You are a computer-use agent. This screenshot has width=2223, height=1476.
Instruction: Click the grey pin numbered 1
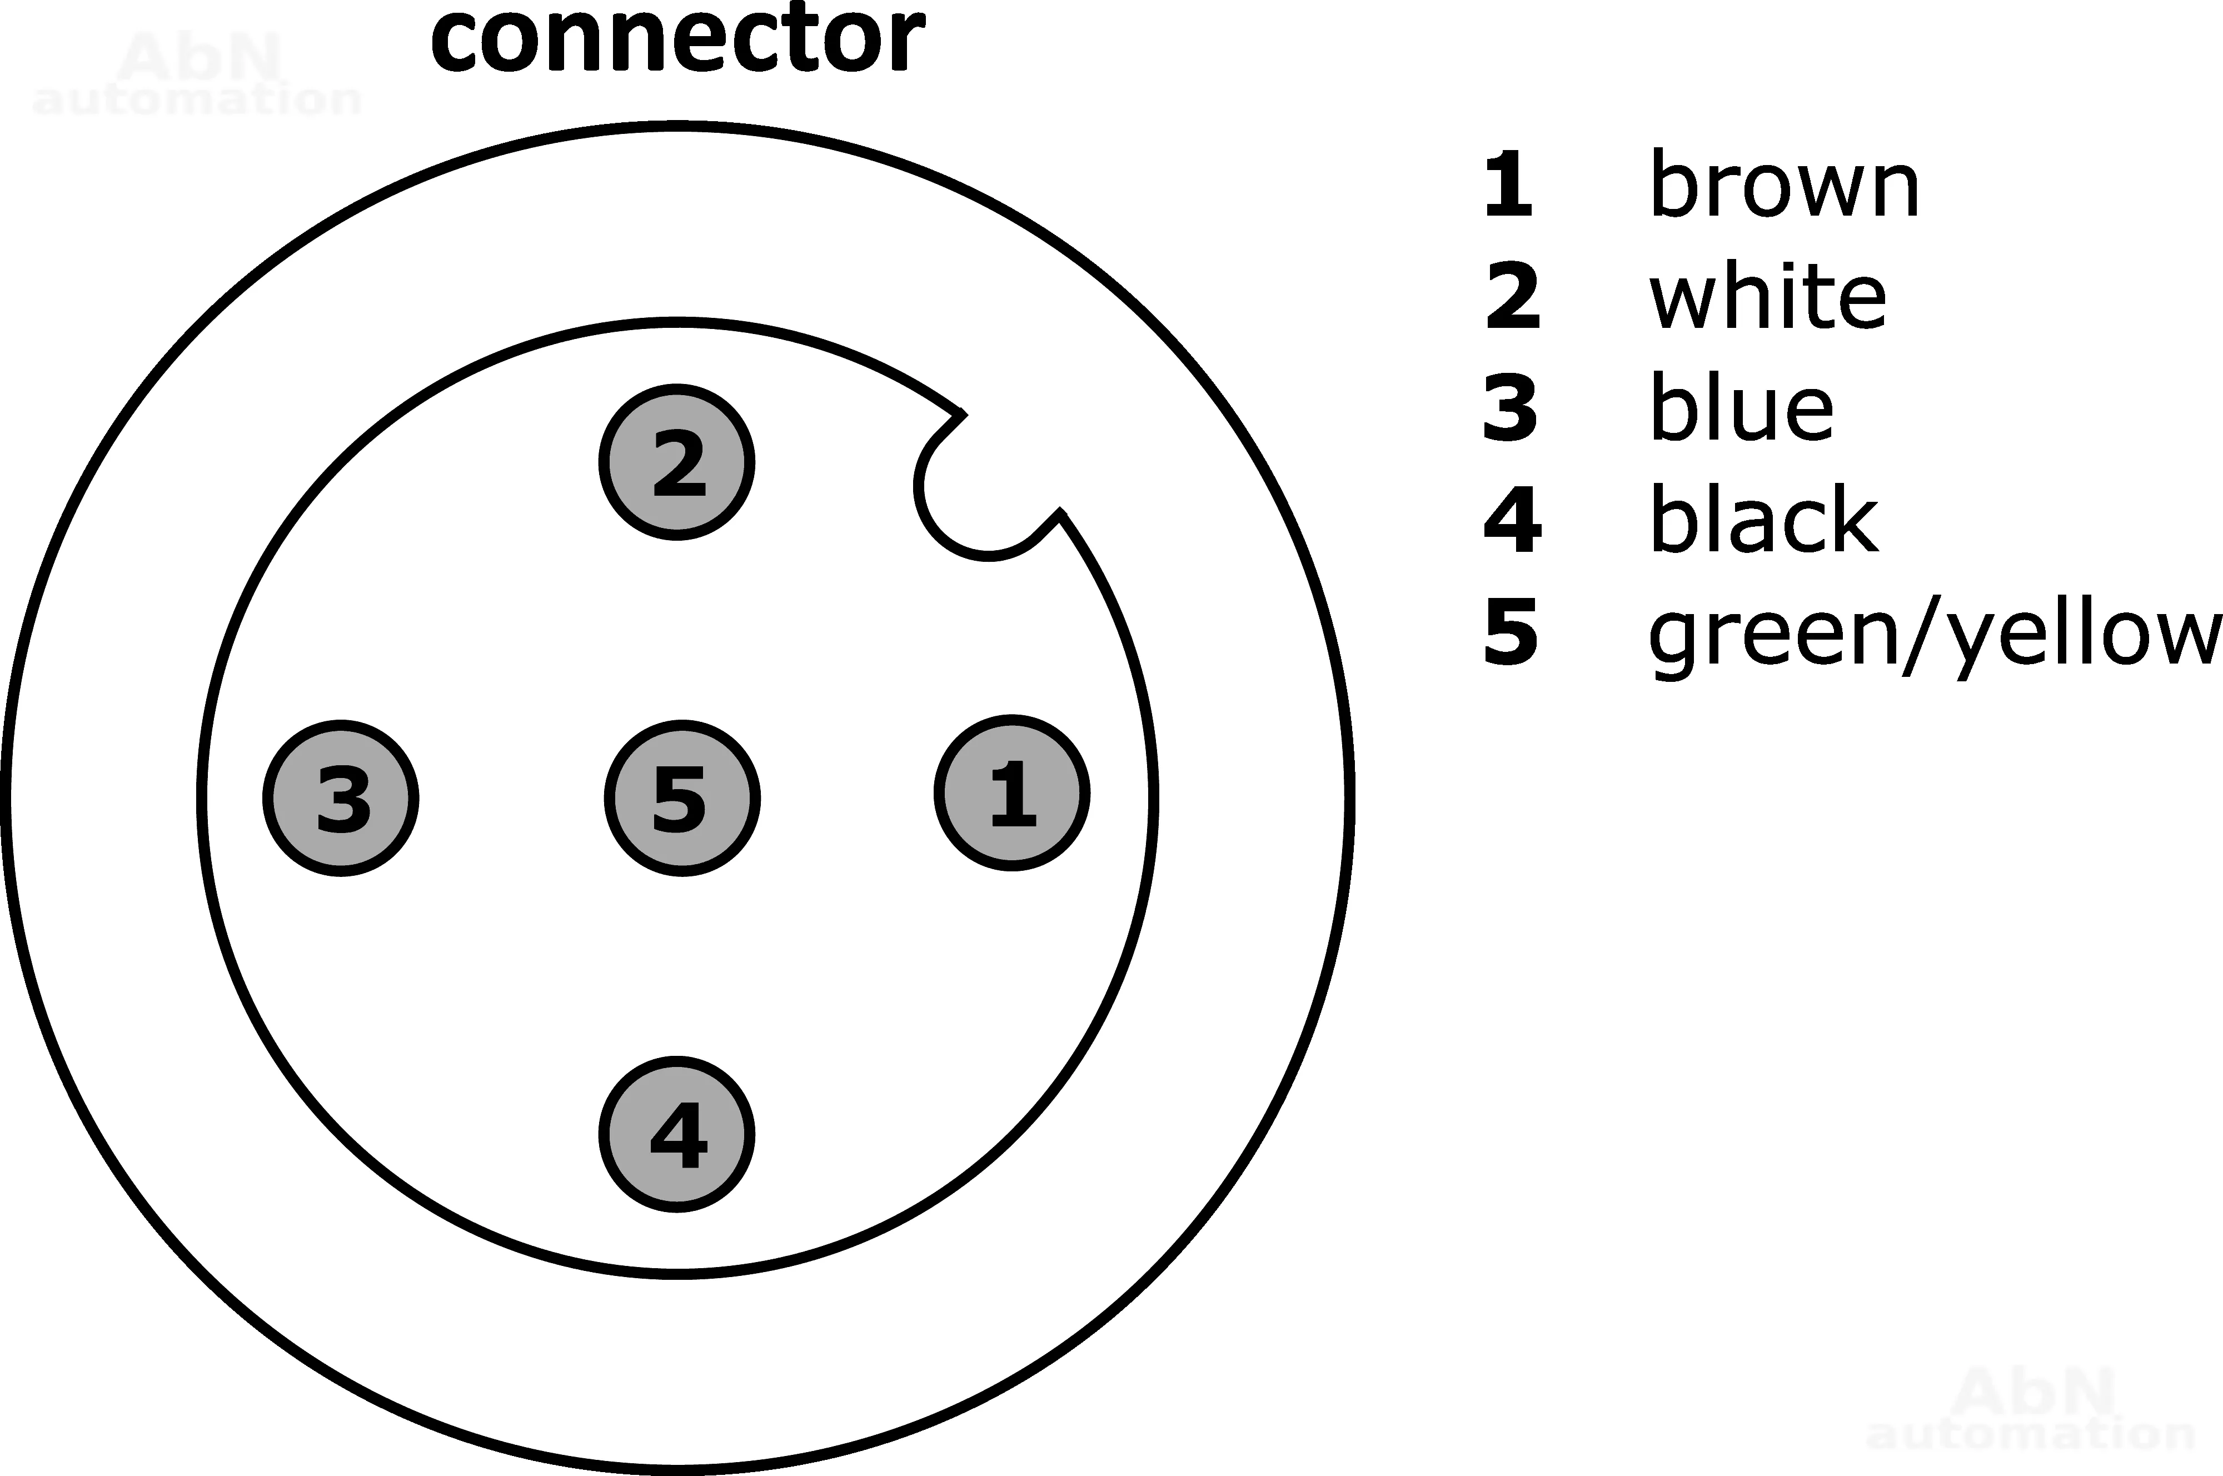(x=1011, y=794)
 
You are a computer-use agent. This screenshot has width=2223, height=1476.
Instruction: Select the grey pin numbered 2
(x=677, y=462)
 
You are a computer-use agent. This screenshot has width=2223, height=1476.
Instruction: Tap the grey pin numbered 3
(x=341, y=798)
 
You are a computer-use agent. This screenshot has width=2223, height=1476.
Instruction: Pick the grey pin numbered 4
(x=677, y=1134)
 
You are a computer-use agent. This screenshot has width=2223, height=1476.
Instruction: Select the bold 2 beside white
(x=1512, y=297)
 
